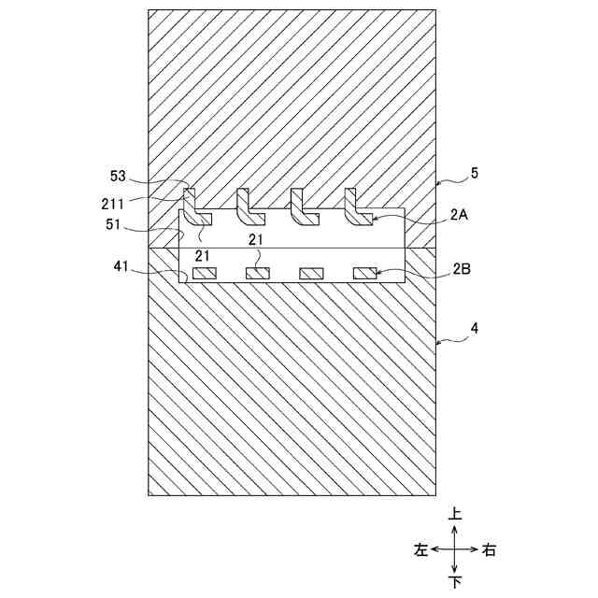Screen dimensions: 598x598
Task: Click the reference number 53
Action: (x=119, y=177)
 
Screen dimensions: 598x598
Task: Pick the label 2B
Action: (x=460, y=269)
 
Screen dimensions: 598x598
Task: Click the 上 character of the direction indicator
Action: (x=454, y=513)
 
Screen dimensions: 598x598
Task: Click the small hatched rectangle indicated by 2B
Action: (x=365, y=274)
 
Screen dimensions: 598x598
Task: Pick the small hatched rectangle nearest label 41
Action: (x=205, y=274)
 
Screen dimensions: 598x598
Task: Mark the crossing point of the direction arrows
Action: (x=454, y=549)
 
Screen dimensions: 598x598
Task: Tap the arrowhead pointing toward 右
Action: (x=476, y=549)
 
